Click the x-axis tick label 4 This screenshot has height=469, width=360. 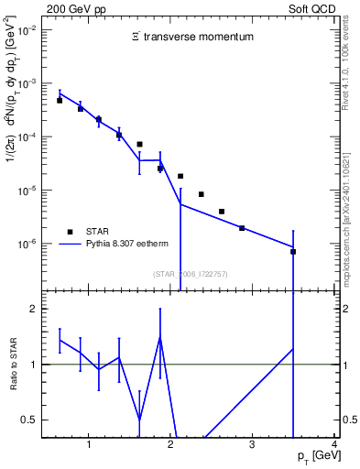(x=334, y=444)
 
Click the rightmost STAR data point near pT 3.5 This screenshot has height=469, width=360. (x=293, y=251)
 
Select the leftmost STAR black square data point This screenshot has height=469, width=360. (x=60, y=101)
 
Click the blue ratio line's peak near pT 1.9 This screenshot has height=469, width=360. (x=160, y=336)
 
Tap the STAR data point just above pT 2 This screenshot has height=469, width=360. (x=180, y=176)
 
